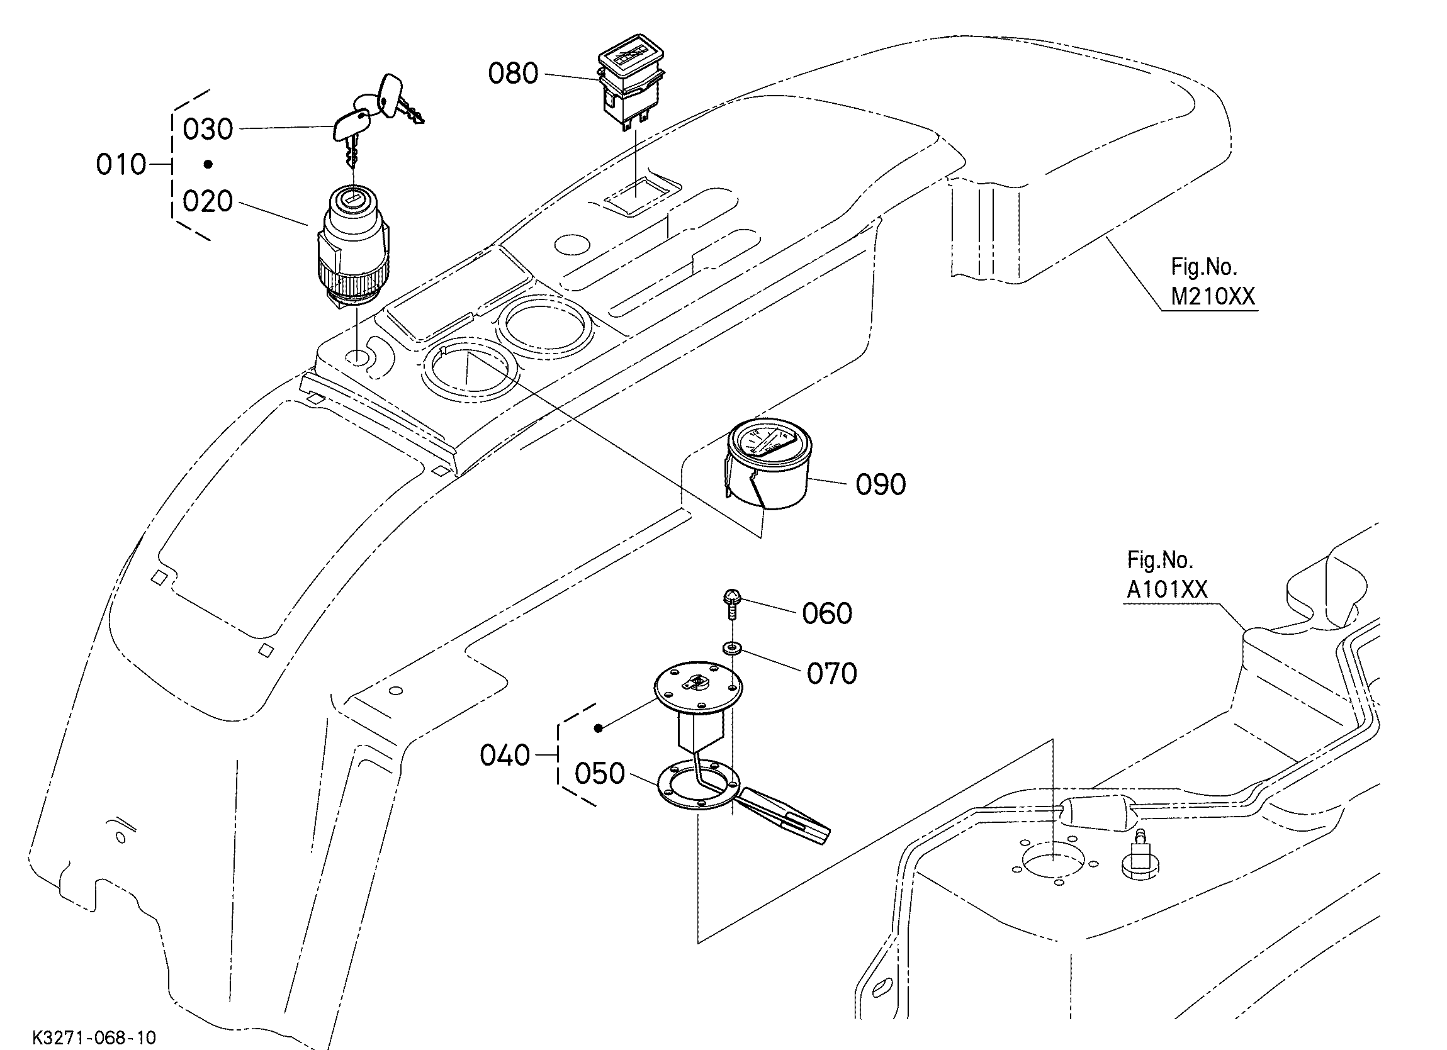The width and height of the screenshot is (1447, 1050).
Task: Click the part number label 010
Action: [x=121, y=165]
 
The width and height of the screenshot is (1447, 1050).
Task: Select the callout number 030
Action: [x=208, y=130]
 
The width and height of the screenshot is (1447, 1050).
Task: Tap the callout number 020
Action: [x=208, y=201]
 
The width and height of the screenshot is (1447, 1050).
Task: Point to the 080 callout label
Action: [x=513, y=74]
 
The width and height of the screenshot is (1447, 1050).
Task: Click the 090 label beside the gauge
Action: [x=881, y=485]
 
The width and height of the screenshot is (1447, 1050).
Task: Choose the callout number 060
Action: [x=827, y=613]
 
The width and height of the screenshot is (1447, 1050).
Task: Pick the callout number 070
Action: [x=832, y=674]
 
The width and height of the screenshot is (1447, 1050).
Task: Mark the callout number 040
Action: [x=505, y=756]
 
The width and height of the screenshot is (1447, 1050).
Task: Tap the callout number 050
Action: [x=600, y=774]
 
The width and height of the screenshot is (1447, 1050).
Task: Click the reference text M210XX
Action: [x=1213, y=296]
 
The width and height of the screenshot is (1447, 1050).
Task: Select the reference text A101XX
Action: [x=1167, y=589]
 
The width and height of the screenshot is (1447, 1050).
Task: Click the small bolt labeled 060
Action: [x=731, y=604]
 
